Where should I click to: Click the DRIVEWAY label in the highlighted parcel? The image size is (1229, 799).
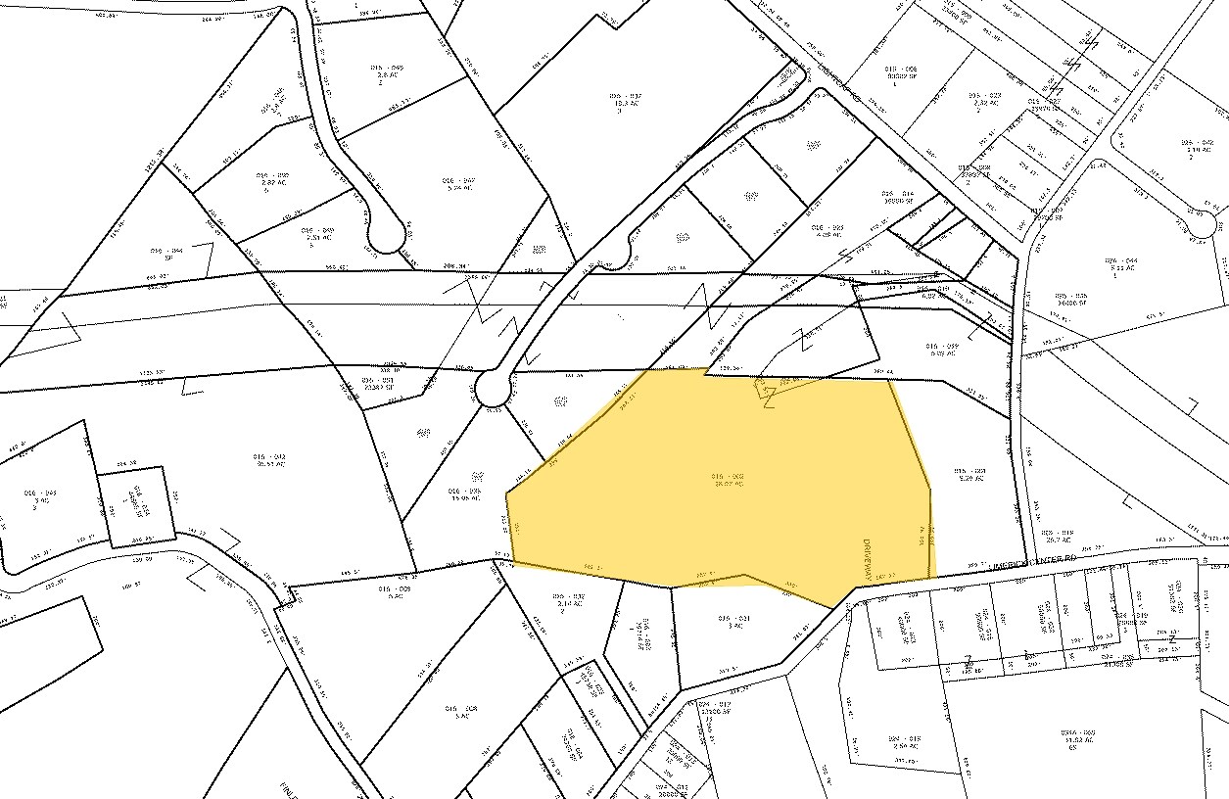[867, 558]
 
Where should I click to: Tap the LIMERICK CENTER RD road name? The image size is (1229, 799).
[1015, 558]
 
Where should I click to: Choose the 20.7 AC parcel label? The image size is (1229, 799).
[1058, 538]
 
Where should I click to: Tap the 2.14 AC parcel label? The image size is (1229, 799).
[569, 600]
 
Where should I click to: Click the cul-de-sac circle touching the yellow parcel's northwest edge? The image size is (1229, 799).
[494, 391]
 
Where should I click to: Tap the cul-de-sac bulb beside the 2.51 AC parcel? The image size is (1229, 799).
[386, 236]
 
